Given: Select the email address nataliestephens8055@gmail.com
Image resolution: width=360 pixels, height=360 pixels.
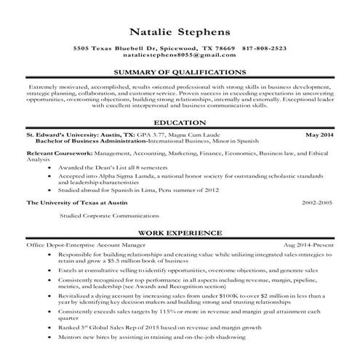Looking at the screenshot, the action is point(179,55).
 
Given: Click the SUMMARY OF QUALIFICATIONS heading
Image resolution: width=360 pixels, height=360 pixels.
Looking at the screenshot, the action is point(179,73).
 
